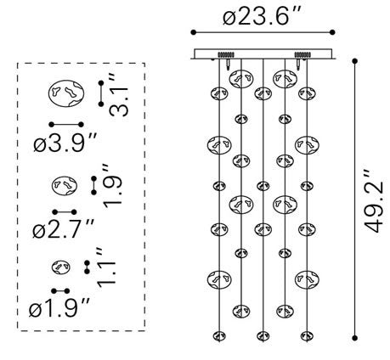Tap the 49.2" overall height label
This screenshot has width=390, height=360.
coord(374,201)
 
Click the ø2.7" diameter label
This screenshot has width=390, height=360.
coord(63,228)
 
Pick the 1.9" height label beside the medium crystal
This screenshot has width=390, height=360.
coord(113,186)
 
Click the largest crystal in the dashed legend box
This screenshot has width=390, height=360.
coord(66,93)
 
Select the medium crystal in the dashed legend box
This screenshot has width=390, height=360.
coord(65,186)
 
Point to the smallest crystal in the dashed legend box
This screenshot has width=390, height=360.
coord(61,267)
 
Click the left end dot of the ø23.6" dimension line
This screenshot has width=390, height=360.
coord(194,32)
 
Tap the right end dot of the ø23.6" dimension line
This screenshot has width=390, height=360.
coord(332,32)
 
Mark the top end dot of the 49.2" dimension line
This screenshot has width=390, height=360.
coord(354,61)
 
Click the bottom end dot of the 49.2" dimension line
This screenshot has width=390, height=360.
coord(354,338)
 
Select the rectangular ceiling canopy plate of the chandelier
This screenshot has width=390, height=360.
coord(263,53)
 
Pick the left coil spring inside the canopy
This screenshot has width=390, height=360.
coord(226,54)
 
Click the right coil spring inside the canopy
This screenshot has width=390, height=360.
coord(302,54)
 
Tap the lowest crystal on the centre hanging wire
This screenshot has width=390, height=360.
coord(263,336)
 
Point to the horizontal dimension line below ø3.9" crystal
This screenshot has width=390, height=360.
coord(66,124)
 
